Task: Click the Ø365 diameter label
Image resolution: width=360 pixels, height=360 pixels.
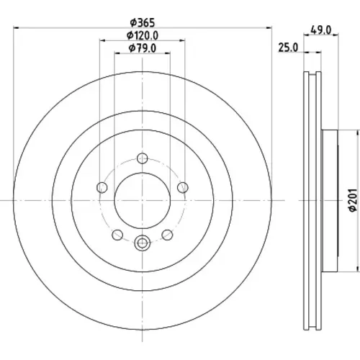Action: (x=143, y=23)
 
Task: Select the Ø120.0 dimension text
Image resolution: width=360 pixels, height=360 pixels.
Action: (x=143, y=36)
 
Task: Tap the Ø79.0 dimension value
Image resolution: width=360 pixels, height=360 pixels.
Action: (x=143, y=48)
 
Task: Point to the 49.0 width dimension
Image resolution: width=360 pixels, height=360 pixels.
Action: (x=321, y=30)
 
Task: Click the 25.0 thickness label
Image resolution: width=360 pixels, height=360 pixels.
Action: (x=288, y=48)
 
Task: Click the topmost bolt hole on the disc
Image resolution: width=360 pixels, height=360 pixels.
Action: (x=143, y=158)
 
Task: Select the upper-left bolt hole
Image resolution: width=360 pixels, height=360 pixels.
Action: (x=102, y=187)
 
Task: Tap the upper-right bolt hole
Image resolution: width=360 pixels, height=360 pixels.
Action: (x=183, y=187)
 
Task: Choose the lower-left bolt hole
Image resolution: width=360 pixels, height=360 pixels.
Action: (x=117, y=235)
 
